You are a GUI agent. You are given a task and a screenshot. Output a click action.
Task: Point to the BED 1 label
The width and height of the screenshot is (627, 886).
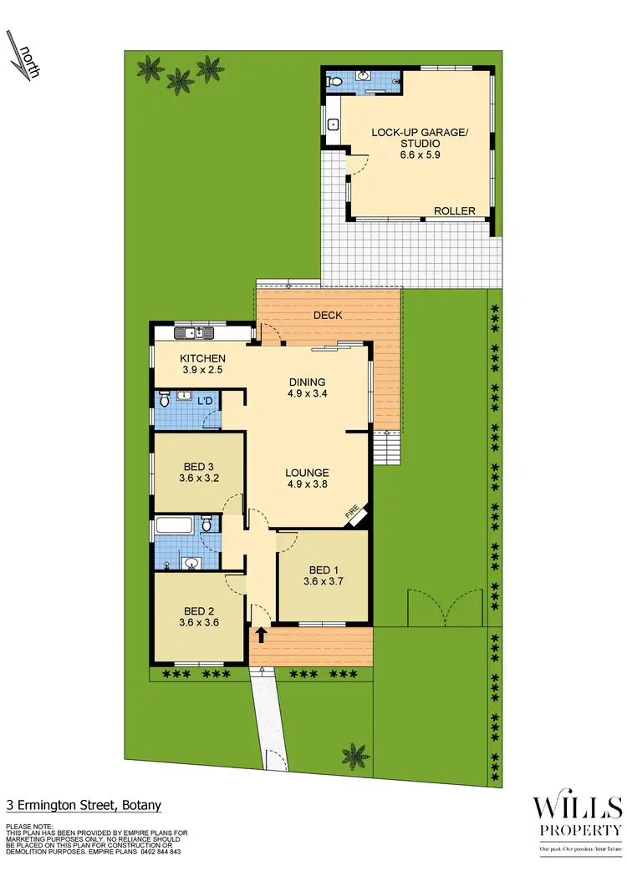(323, 570)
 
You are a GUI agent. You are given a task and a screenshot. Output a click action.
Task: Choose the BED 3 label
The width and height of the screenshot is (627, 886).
(199, 467)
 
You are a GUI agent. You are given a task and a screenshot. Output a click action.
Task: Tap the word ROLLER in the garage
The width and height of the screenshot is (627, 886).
(454, 211)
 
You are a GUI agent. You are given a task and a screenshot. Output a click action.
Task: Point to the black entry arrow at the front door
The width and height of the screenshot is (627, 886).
(261, 635)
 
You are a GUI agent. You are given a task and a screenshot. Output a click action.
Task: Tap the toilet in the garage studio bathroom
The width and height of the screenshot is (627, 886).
(334, 82)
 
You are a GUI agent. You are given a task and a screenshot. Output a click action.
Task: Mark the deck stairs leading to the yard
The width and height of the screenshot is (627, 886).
(386, 451)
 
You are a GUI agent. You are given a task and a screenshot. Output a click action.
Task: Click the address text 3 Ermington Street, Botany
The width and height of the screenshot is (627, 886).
(83, 806)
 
